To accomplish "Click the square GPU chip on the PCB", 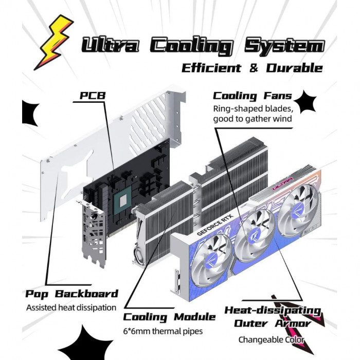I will [124, 200].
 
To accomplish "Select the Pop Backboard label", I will [72, 294].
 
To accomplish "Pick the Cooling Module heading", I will [169, 316].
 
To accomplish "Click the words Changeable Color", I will [271, 339].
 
